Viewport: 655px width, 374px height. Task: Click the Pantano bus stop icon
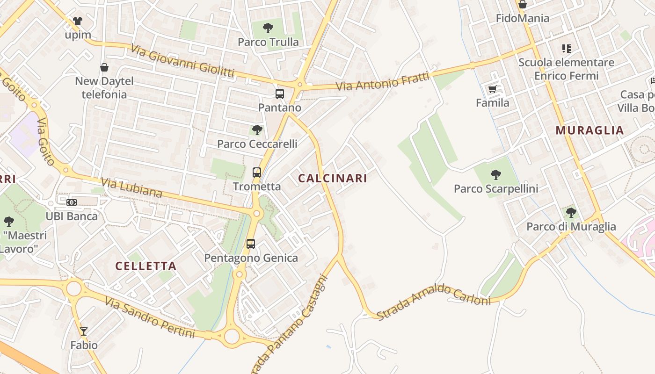[x=280, y=94]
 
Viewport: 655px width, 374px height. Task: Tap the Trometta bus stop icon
[x=257, y=173]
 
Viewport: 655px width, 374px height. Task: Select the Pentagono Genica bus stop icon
[x=251, y=244]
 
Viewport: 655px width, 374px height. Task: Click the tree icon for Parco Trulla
[x=268, y=28]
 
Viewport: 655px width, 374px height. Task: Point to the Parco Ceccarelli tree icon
[x=257, y=130]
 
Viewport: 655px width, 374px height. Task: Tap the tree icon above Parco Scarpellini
[x=496, y=175]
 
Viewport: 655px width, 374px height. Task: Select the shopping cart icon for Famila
[x=492, y=89]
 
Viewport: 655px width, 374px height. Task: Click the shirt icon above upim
[x=78, y=21]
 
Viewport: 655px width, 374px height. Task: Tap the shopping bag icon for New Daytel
[x=104, y=67]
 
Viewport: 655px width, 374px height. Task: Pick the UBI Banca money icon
[x=72, y=202]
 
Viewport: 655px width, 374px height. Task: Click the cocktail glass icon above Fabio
[x=84, y=331]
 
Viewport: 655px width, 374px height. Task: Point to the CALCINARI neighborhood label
[x=333, y=178]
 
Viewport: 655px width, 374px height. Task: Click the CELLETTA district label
[x=146, y=266]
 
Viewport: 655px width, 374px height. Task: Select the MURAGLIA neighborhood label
[x=590, y=130]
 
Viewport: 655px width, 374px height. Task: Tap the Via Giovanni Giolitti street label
[x=182, y=61]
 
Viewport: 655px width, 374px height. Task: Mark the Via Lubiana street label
[x=131, y=187]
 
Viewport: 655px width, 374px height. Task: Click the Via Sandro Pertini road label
[x=150, y=318]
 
